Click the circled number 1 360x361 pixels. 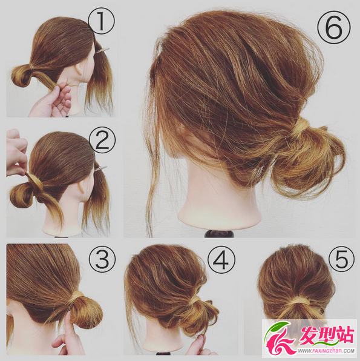pos(101,22)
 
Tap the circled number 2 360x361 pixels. pos(102,141)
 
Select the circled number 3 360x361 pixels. pos(102,259)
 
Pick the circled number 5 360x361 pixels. pos(341,259)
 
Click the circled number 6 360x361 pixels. pos(334,27)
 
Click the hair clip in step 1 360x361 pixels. pos(102,50)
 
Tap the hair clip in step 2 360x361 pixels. pos(101,167)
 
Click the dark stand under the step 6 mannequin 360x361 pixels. pos(219,233)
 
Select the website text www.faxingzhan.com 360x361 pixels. pos(326,351)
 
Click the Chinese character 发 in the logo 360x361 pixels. pos(311,335)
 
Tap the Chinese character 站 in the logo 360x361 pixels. pos(344,335)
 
